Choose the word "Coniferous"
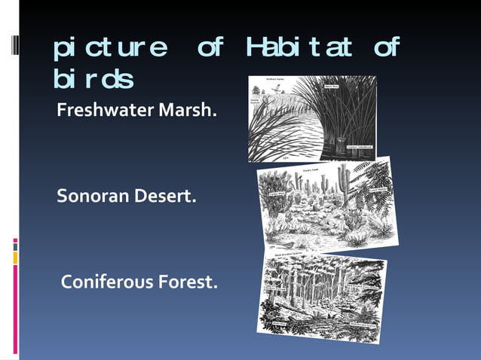tap(106, 283)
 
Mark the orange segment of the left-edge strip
tap(15, 258)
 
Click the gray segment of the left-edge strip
tap(15, 247)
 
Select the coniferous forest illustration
tap(322, 295)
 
